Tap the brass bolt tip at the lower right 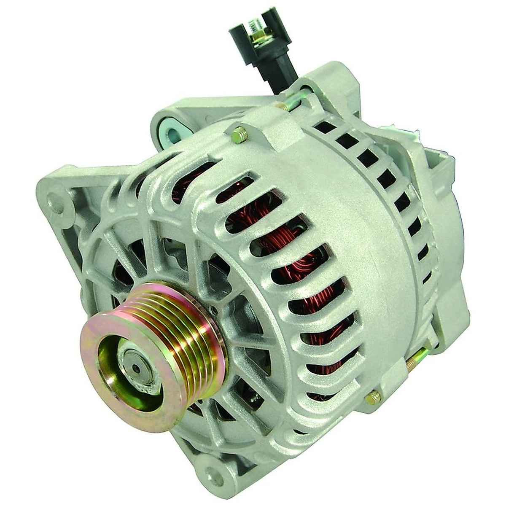pos(373,396)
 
